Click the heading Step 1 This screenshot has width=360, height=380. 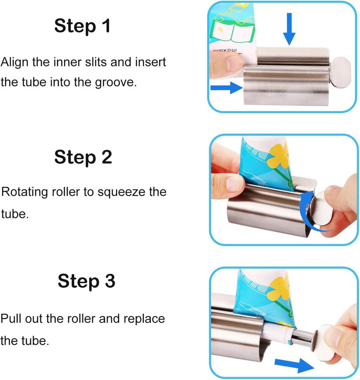82,26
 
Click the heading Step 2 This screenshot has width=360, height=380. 83,157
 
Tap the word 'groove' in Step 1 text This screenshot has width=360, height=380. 116,82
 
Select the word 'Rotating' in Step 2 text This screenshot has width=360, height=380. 25,192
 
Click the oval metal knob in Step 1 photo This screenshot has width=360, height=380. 340,72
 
